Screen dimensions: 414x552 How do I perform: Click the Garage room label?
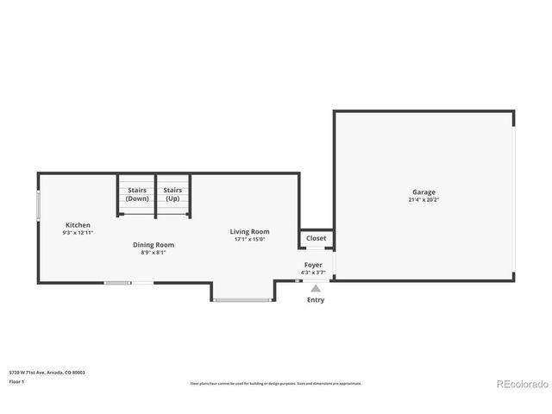423,192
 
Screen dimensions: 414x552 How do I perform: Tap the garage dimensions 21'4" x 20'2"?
423,200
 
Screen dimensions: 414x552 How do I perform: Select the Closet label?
316,238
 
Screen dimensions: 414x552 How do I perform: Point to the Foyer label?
312,265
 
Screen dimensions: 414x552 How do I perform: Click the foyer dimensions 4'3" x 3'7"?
312,273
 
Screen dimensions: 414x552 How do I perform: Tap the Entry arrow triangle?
316,289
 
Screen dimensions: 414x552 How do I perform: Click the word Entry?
316,299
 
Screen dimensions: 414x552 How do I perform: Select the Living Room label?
249,231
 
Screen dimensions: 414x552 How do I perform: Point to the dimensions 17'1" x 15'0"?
249,239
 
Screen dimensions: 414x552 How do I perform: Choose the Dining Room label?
153,244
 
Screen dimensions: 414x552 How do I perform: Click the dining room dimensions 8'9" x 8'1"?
153,252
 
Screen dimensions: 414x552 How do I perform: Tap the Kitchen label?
78,225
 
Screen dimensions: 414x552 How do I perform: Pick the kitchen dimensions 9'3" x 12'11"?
78,233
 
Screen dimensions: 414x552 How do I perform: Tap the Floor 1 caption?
16,381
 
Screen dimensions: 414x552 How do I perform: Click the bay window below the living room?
242,300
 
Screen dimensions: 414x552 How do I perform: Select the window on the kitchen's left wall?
38,204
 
